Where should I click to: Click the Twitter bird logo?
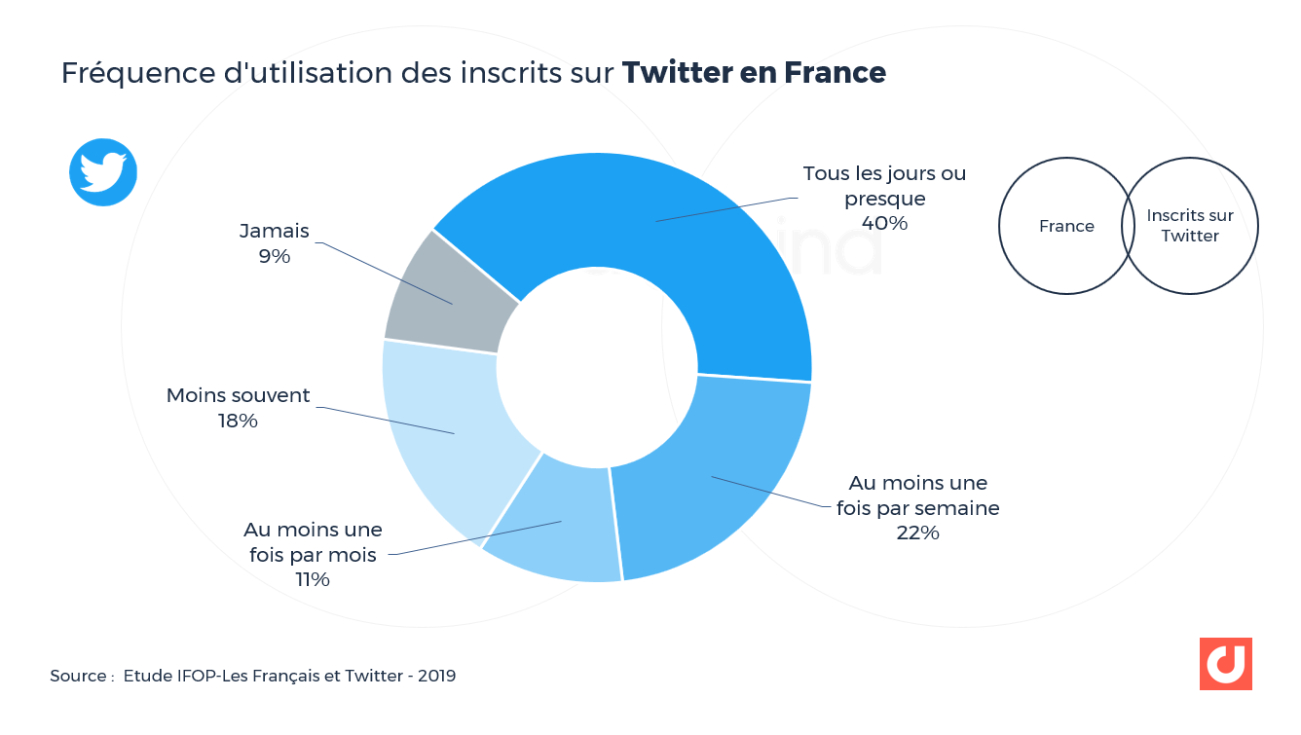point(103,172)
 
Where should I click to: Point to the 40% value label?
point(884,223)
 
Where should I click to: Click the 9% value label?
point(275,256)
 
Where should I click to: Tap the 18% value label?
point(238,421)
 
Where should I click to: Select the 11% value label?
point(313,579)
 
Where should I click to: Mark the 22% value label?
point(917,533)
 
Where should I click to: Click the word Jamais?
point(275,231)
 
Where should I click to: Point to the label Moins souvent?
point(238,395)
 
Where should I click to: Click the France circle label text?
point(1066,226)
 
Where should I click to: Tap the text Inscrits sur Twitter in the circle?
point(1190,226)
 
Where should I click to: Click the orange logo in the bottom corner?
point(1225,664)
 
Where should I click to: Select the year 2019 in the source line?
point(436,676)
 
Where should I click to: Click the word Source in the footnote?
point(78,676)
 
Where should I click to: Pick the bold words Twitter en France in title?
point(754,73)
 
